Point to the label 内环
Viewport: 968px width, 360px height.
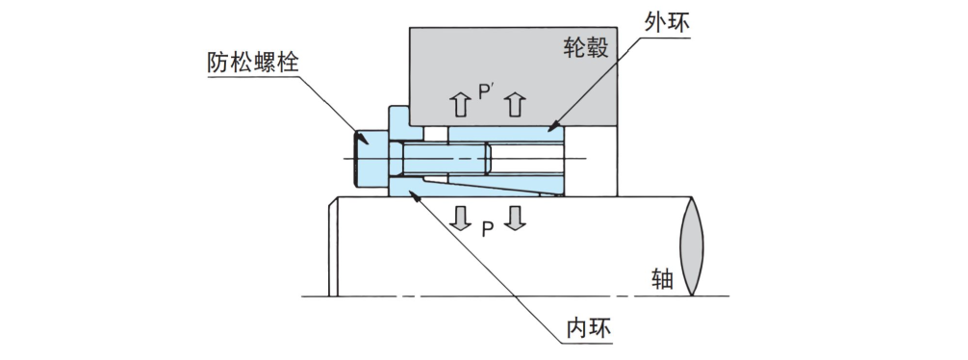[589, 327]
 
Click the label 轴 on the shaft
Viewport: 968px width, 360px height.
[661, 279]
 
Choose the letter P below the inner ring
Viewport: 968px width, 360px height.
[488, 228]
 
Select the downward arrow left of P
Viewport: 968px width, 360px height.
[461, 218]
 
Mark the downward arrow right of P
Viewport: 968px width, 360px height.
[517, 218]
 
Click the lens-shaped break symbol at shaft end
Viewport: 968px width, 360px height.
[693, 244]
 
